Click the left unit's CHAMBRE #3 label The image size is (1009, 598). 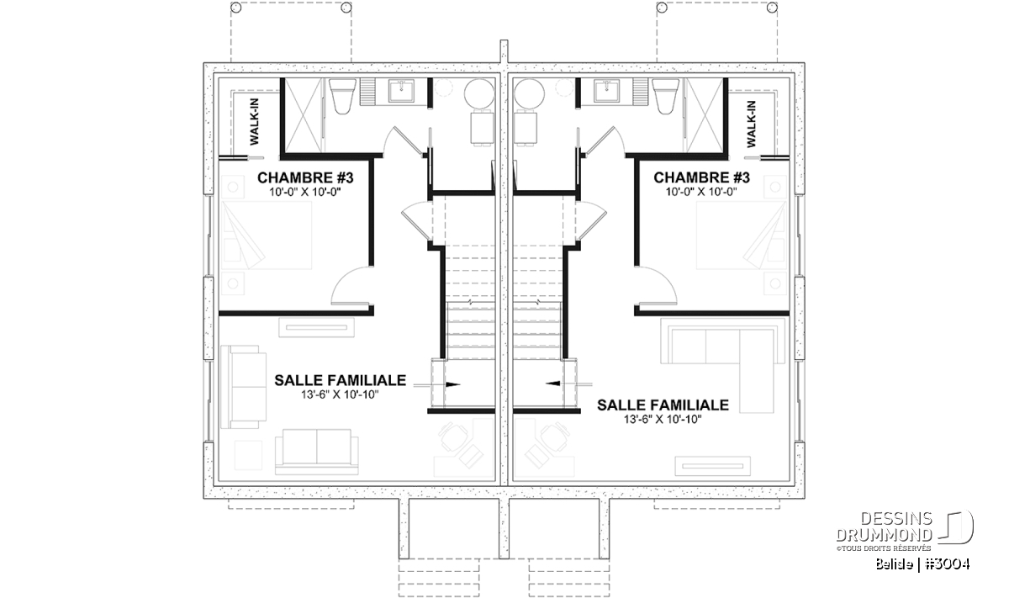click(x=305, y=177)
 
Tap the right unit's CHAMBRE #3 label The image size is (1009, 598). click(x=701, y=177)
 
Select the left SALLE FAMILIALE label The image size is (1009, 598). click(x=340, y=380)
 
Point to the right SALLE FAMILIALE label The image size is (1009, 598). click(x=663, y=405)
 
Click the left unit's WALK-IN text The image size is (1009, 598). click(x=255, y=122)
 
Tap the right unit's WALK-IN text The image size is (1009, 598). click(x=751, y=124)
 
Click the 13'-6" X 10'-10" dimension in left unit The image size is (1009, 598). click(x=340, y=394)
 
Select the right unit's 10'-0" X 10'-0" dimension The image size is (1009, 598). click(x=701, y=192)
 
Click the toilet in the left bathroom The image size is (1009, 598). click(x=342, y=96)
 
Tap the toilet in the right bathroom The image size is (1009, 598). click(x=665, y=96)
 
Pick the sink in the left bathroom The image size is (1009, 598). click(x=402, y=91)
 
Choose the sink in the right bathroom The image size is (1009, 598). click(x=606, y=91)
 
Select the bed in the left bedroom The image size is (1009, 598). click(x=266, y=235)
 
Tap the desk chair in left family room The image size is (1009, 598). click(x=453, y=437)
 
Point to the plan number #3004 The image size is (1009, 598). click(x=948, y=564)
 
